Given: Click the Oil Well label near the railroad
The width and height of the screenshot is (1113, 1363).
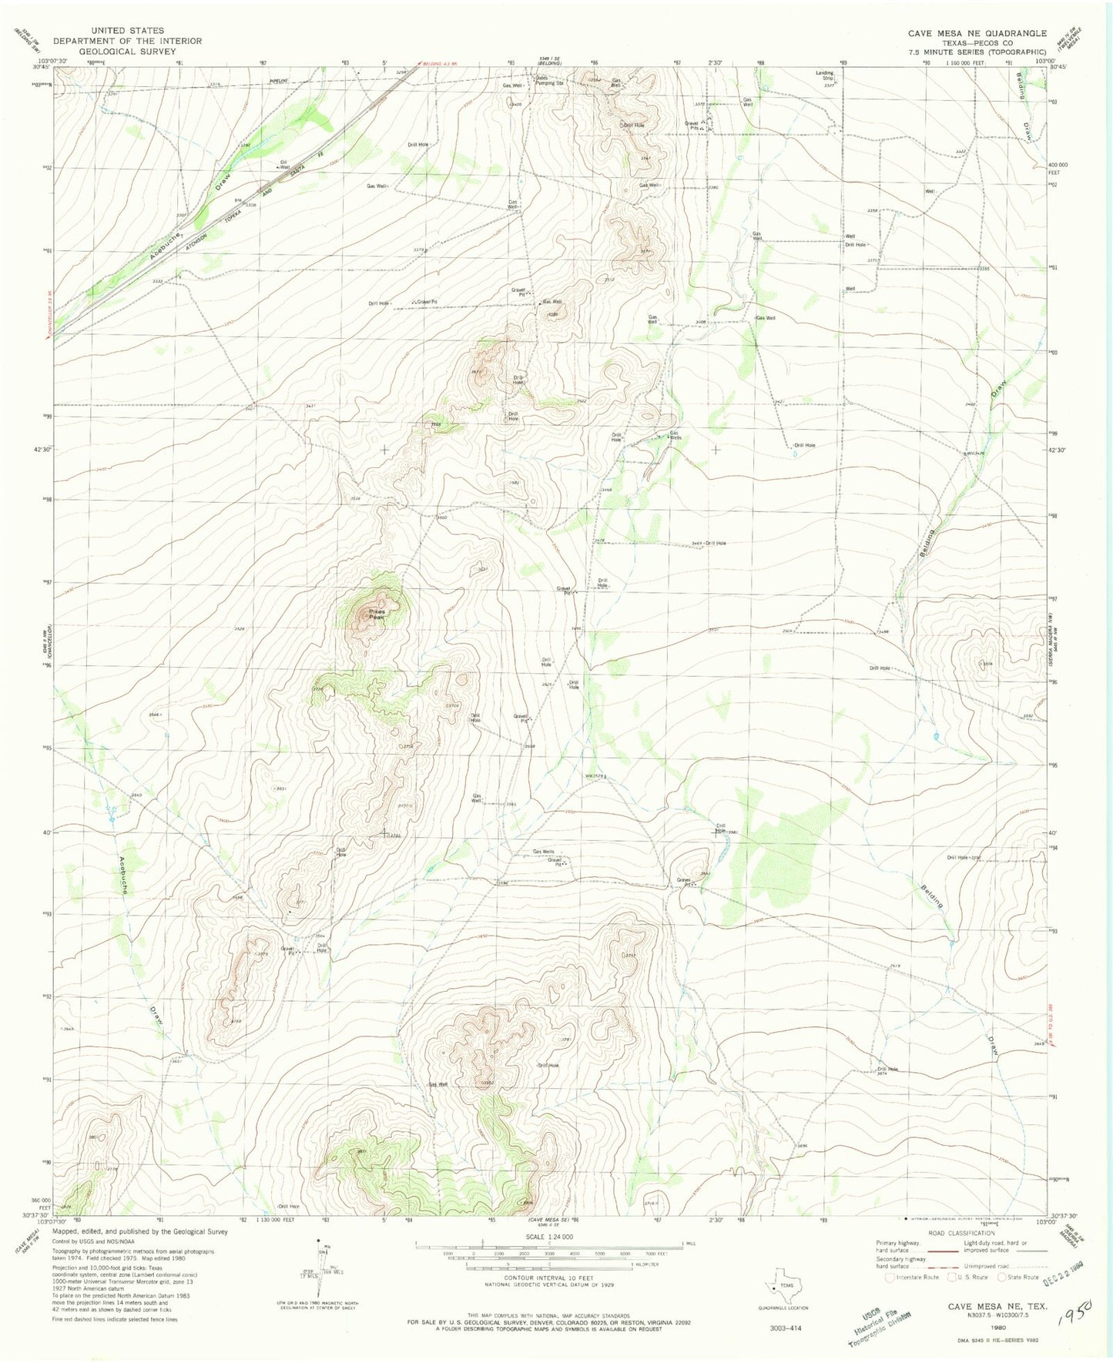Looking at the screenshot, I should pyautogui.click(x=283, y=163).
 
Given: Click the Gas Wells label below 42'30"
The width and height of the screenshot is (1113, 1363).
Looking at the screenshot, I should pyautogui.click(x=674, y=435).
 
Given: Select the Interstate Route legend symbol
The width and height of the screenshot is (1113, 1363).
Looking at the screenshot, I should pyautogui.click(x=890, y=1277).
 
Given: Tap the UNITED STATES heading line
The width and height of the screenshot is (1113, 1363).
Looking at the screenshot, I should pyautogui.click(x=126, y=31).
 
